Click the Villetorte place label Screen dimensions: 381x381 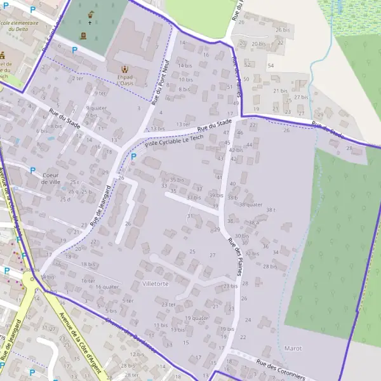tap(156, 284)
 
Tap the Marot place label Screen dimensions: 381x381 tap(293, 349)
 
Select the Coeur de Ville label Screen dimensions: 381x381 tap(51, 178)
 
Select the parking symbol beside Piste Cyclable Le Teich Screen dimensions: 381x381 tap(133, 156)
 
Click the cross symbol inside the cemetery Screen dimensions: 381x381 tap(90, 23)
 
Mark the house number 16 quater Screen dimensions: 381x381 tap(107, 286)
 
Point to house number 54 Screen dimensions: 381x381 tap(271, 66)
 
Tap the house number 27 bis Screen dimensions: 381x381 tap(301, 97)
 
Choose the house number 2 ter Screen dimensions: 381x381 tap(77, 78)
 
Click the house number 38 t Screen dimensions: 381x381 tap(271, 210)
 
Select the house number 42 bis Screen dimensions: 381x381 tap(236, 150)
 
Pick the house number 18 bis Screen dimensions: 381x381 tap(88, 264)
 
